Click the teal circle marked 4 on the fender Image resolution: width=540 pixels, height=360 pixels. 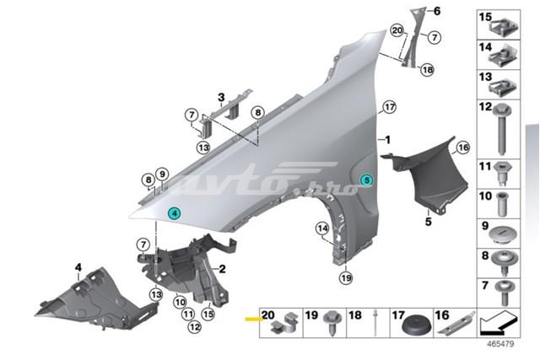[174, 214]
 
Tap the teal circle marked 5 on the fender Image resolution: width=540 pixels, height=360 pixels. [366, 180]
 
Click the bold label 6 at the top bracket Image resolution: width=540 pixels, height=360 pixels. [437, 11]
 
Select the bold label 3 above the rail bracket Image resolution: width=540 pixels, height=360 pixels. [220, 97]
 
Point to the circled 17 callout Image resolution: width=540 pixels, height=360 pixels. [389, 107]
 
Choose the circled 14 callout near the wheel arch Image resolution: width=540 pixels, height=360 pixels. [322, 227]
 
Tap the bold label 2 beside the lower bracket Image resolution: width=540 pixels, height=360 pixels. [223, 269]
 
